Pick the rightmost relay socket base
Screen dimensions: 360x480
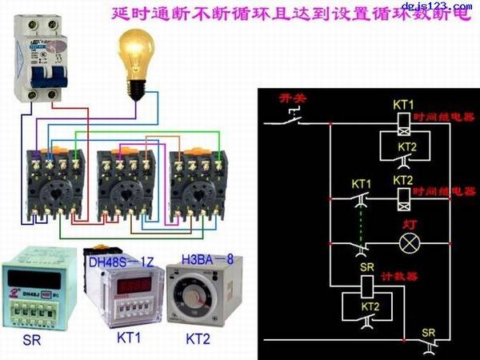[x=196, y=182]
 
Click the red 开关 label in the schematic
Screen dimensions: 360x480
[x=290, y=98]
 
